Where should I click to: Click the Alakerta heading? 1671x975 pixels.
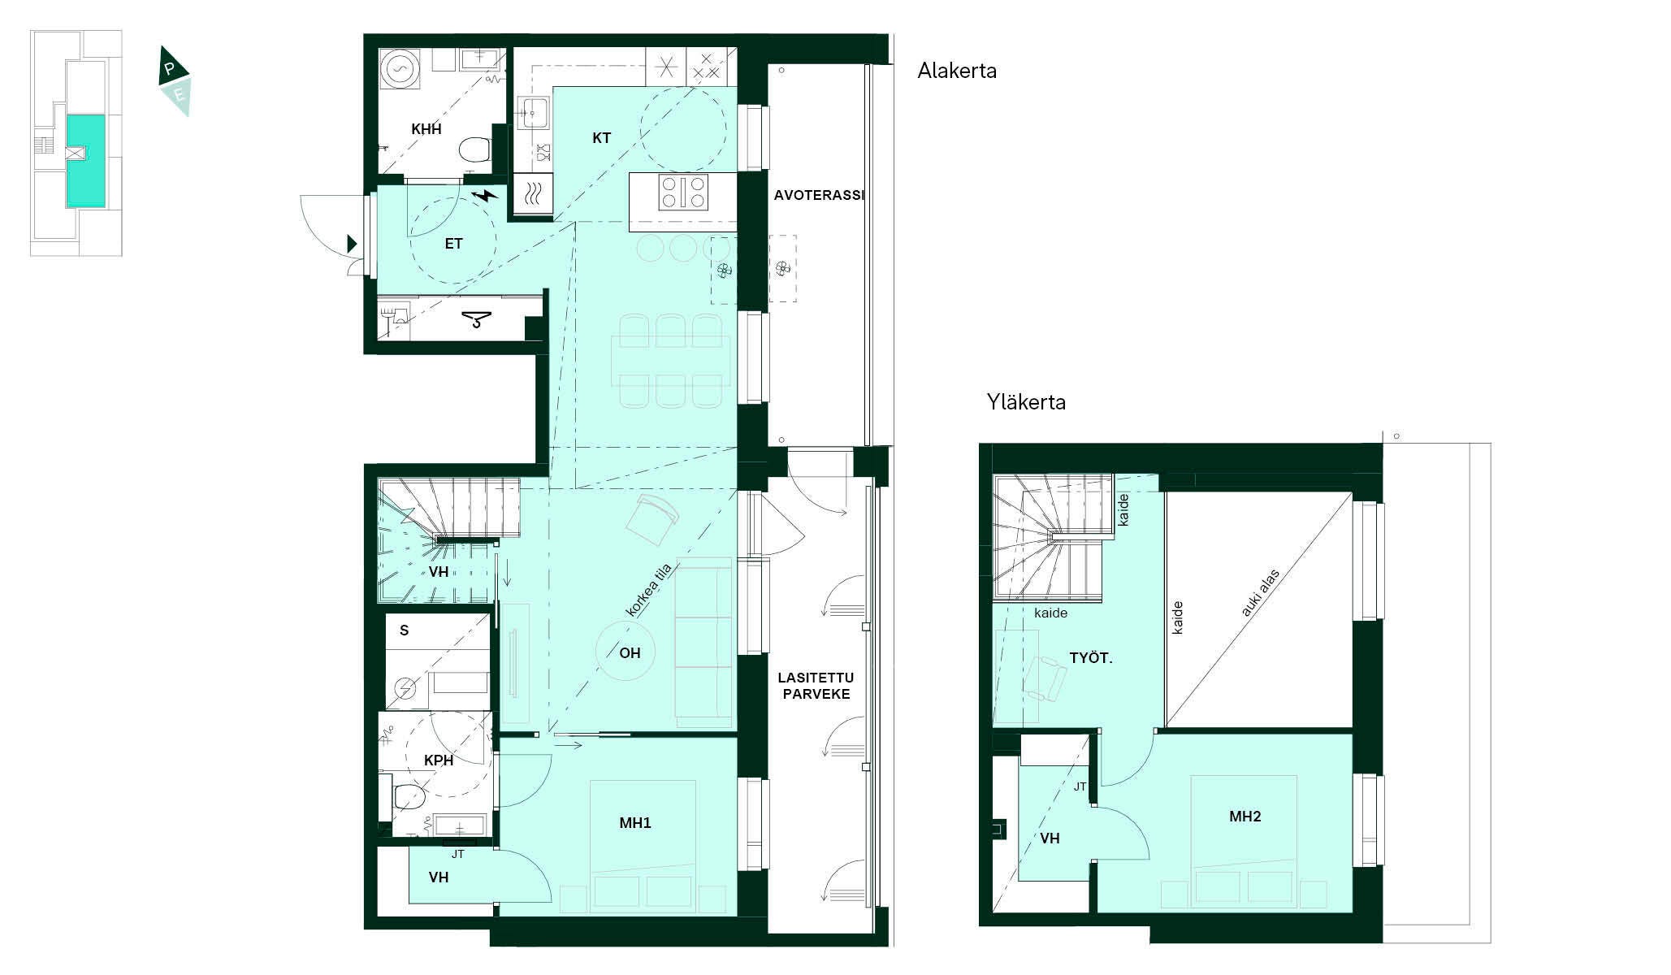pyautogui.click(x=957, y=71)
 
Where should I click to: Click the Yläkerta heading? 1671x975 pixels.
pyautogui.click(x=1026, y=401)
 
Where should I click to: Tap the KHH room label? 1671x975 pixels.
pyautogui.click(x=426, y=129)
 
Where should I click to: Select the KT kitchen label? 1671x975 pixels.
pyautogui.click(x=601, y=138)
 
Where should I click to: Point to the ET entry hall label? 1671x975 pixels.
pyautogui.click(x=453, y=244)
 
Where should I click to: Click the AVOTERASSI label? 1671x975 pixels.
pyautogui.click(x=819, y=195)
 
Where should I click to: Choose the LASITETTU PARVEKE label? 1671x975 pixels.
pyautogui.click(x=816, y=686)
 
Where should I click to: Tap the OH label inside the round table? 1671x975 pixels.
pyautogui.click(x=630, y=652)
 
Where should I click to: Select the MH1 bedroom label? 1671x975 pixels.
pyautogui.click(x=635, y=823)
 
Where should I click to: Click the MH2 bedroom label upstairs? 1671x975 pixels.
pyautogui.click(x=1245, y=817)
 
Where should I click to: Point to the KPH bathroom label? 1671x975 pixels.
pyautogui.click(x=439, y=760)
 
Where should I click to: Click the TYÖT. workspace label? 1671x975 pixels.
pyautogui.click(x=1091, y=658)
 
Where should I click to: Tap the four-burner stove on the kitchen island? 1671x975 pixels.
pyautogui.click(x=683, y=193)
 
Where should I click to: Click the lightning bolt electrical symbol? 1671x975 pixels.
pyautogui.click(x=486, y=196)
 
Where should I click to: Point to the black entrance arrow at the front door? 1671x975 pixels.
pyautogui.click(x=352, y=243)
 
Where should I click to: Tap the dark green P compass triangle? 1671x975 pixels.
pyautogui.click(x=172, y=68)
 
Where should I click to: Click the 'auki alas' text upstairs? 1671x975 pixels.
pyautogui.click(x=1260, y=592)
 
